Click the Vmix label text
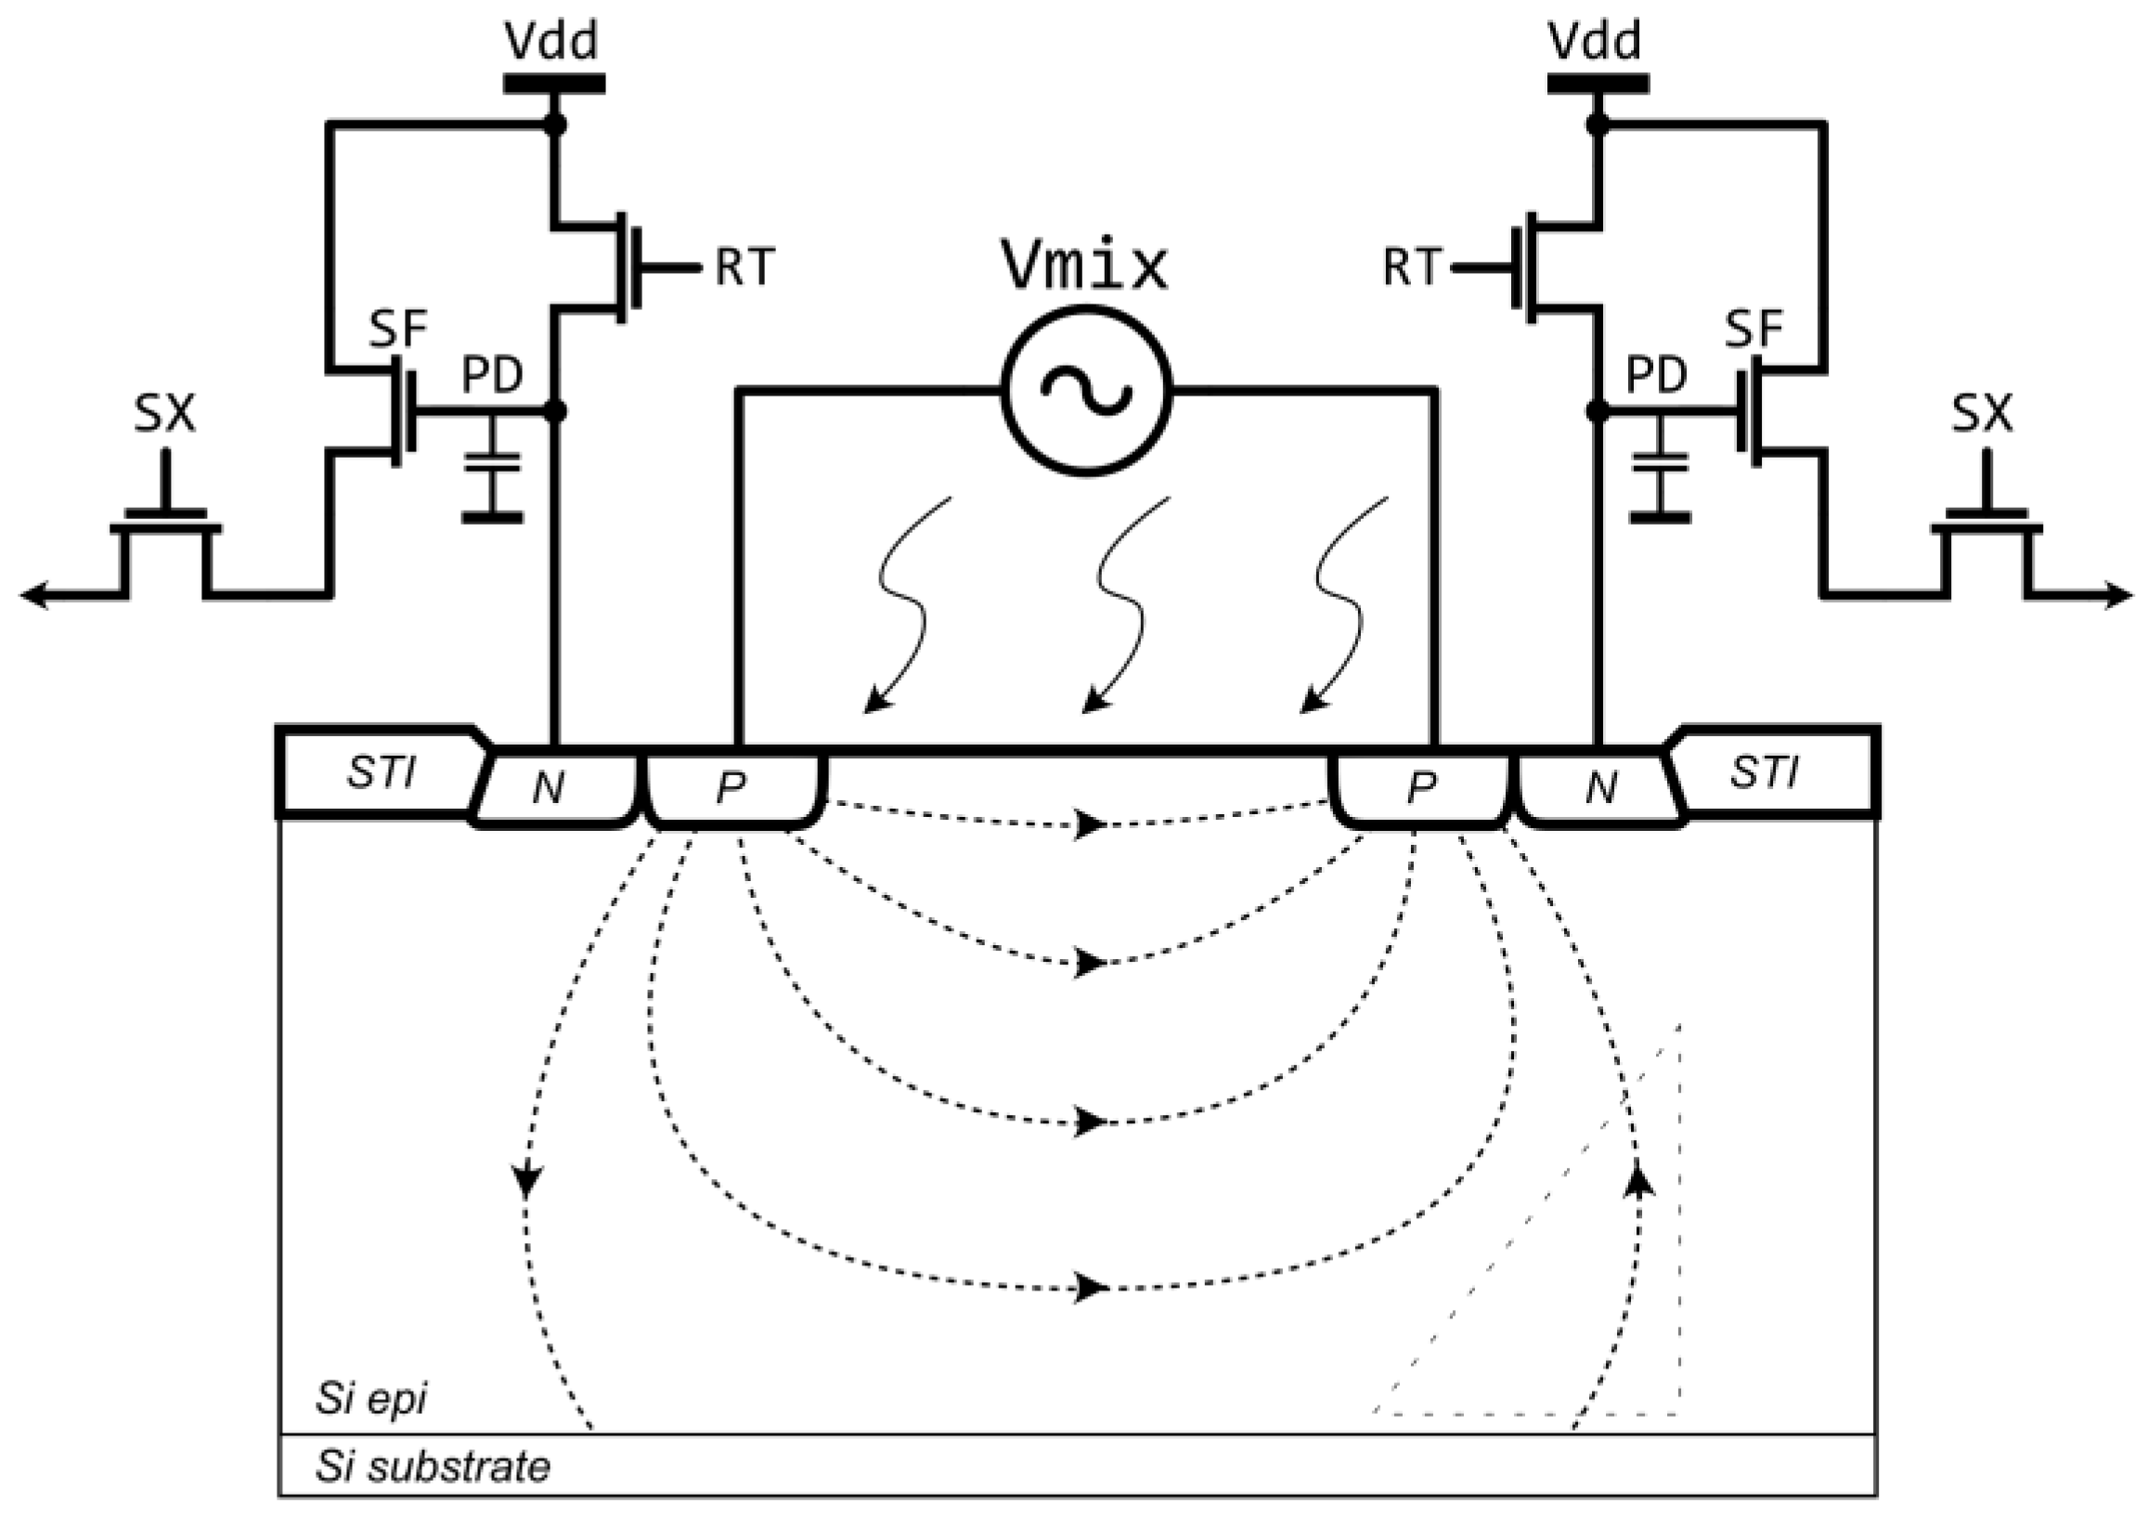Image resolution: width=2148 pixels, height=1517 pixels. pyautogui.click(x=1085, y=266)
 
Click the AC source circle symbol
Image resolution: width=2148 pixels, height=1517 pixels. pyautogui.click(x=1086, y=390)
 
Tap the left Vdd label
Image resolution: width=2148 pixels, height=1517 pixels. pyautogui.click(x=552, y=41)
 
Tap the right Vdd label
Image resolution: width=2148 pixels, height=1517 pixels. pyautogui.click(x=1596, y=41)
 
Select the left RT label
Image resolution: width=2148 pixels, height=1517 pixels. pyautogui.click(x=744, y=267)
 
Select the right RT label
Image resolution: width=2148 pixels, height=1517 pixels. pyautogui.click(x=1413, y=267)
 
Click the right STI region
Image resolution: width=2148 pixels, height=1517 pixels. pyautogui.click(x=1764, y=773)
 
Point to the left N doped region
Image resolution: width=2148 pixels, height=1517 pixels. pyautogui.click(x=550, y=789)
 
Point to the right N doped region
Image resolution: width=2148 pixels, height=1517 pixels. pyautogui.click(x=1601, y=789)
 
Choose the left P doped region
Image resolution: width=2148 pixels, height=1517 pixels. pyautogui.click(x=731, y=789)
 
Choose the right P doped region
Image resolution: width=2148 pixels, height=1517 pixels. pyautogui.click(x=1421, y=789)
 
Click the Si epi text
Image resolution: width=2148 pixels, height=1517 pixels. pyautogui.click(x=371, y=1398)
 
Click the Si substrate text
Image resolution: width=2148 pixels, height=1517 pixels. pyautogui.click(x=433, y=1467)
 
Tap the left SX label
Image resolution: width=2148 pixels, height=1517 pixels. pyautogui.click(x=164, y=414)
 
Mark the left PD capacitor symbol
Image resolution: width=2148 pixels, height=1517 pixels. pyautogui.click(x=493, y=477)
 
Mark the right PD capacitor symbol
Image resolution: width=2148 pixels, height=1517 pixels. pyautogui.click(x=1661, y=477)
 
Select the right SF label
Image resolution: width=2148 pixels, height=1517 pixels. pyautogui.click(x=1754, y=329)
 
